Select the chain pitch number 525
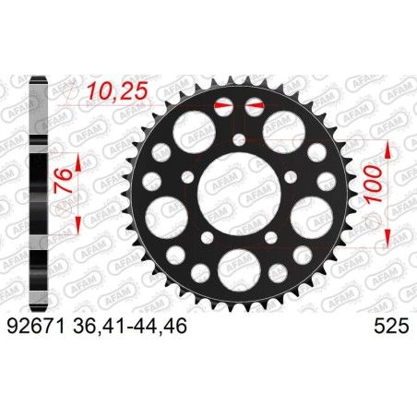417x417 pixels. click(x=390, y=323)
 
